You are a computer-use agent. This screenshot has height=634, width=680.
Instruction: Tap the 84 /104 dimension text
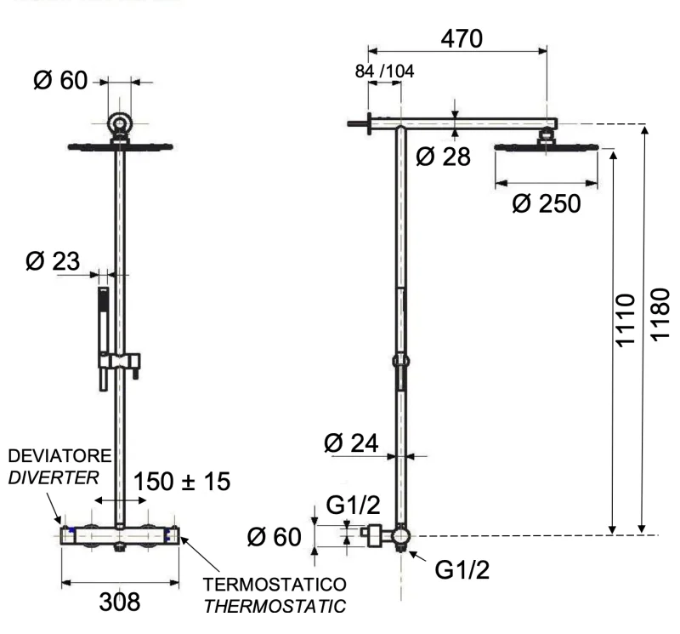384,71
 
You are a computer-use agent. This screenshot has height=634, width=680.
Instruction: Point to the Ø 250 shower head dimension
547,204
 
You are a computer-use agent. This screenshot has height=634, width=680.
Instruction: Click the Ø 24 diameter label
351,443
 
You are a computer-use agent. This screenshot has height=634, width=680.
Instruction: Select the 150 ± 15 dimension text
181,481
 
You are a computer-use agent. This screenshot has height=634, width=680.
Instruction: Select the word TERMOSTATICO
274,586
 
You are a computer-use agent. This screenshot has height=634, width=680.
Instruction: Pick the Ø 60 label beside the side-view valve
274,537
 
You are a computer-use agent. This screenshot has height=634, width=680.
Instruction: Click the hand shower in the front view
103,323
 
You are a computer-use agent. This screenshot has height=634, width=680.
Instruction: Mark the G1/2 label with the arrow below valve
462,568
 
